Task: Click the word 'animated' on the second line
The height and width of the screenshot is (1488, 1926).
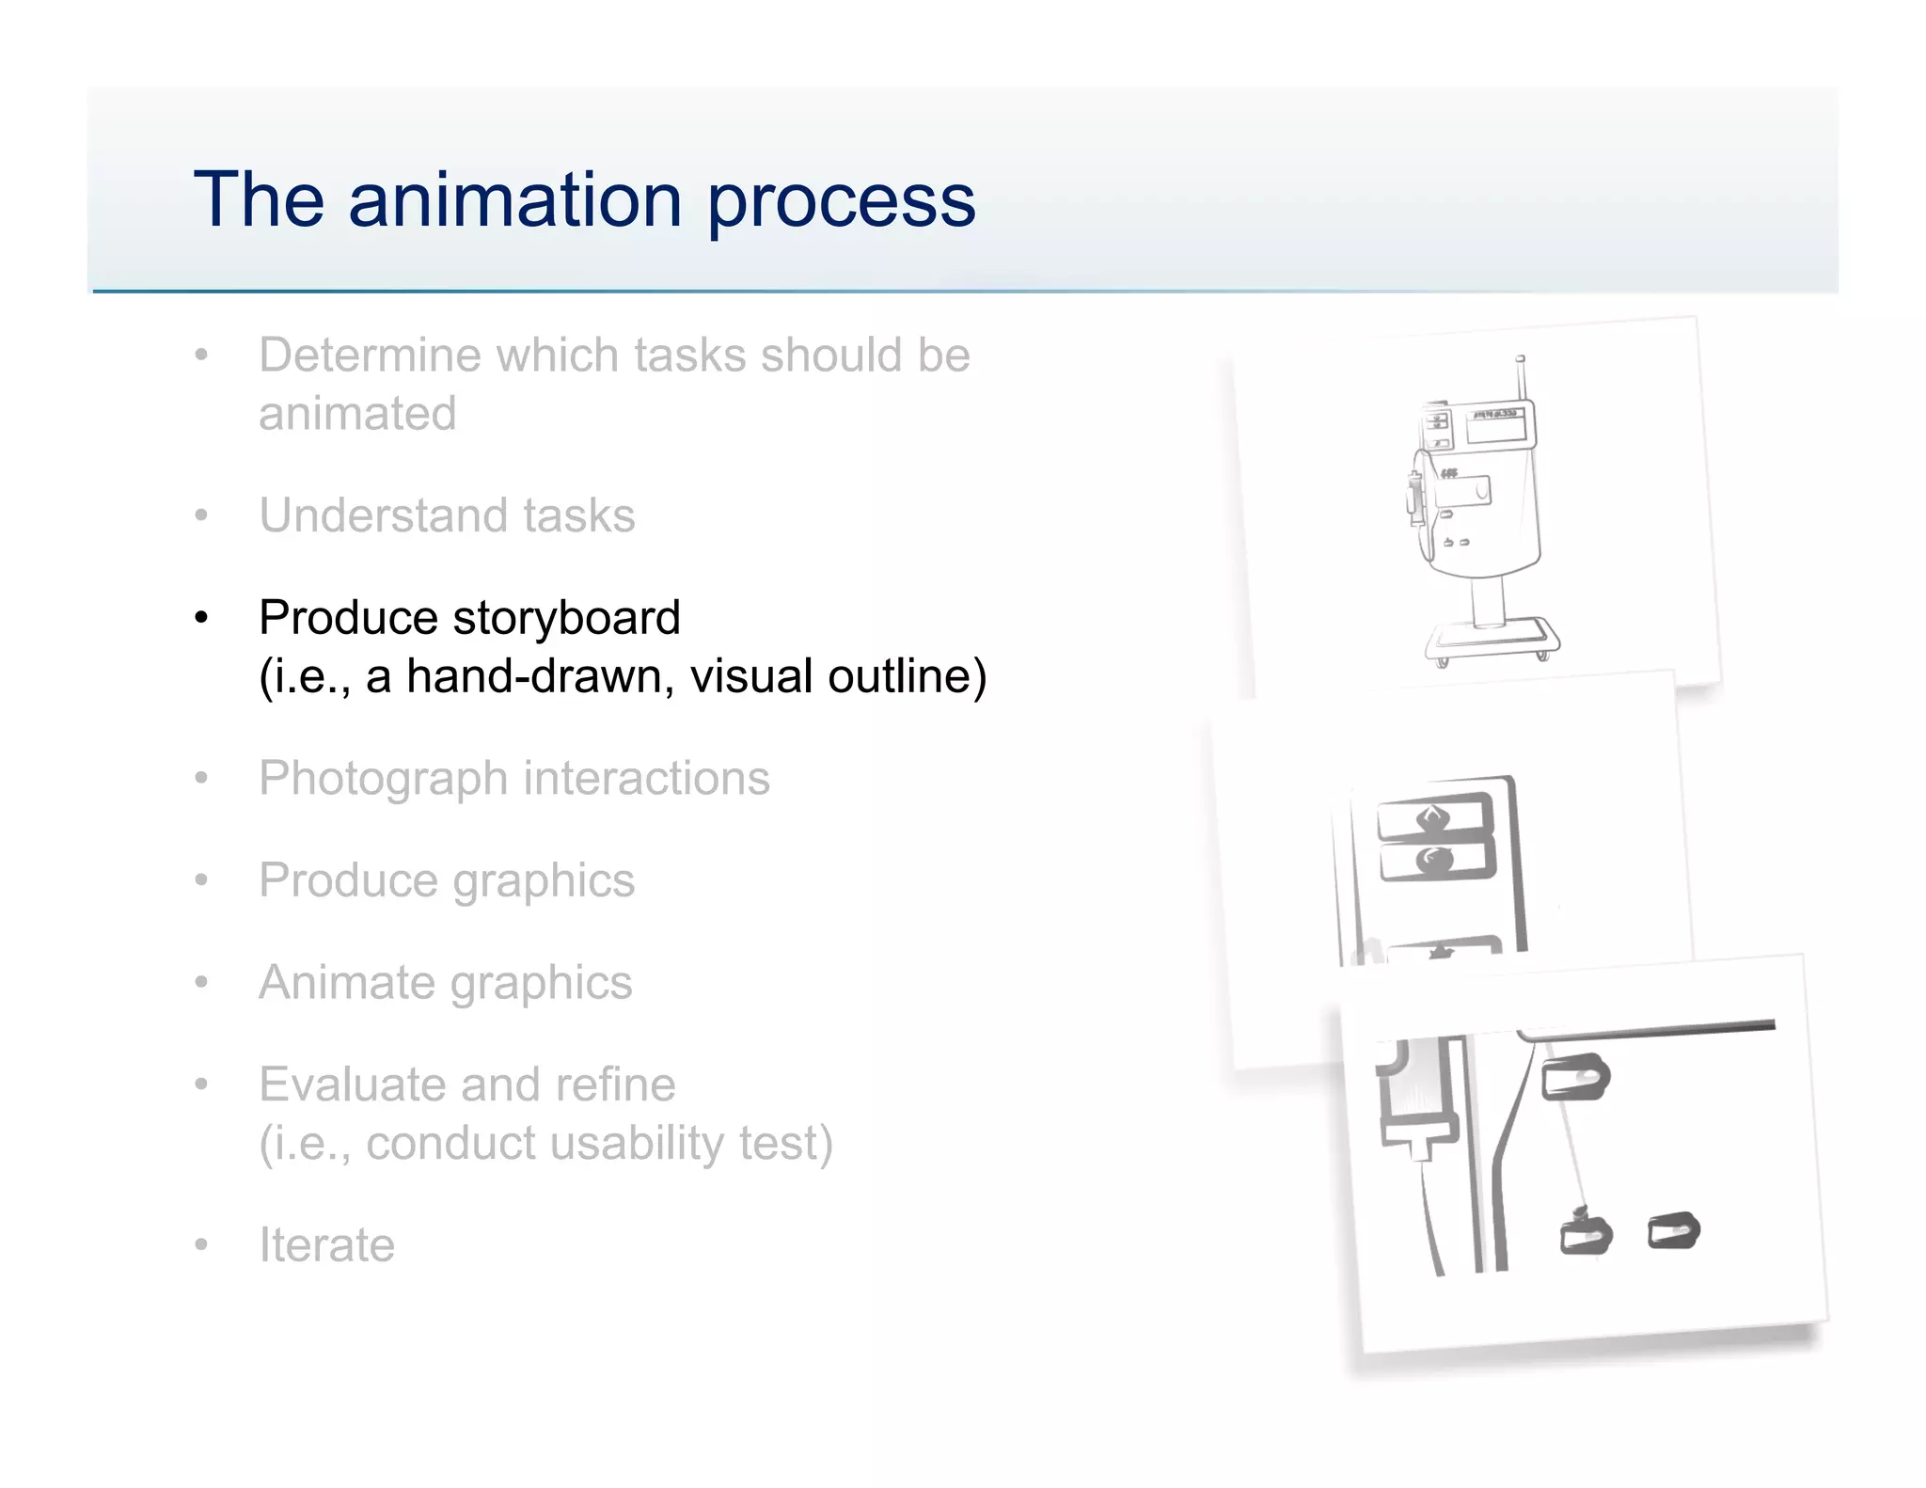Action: pyautogui.click(x=357, y=414)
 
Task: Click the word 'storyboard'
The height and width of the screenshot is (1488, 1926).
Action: pyautogui.click(x=566, y=618)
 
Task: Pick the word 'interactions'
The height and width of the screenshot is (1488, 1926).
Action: pyautogui.click(x=646, y=779)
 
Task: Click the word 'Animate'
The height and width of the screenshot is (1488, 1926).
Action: pyautogui.click(x=346, y=983)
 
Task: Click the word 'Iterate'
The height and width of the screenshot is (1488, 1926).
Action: pyautogui.click(x=326, y=1245)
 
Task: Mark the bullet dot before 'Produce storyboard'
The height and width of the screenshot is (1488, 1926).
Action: pyautogui.click(x=200, y=619)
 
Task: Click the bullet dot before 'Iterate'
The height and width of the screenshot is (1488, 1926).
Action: pyautogui.click(x=200, y=1245)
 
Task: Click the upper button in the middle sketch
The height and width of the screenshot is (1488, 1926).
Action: pyautogui.click(x=1435, y=817)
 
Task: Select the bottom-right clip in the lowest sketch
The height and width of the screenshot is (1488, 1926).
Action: pyautogui.click(x=1674, y=1231)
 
